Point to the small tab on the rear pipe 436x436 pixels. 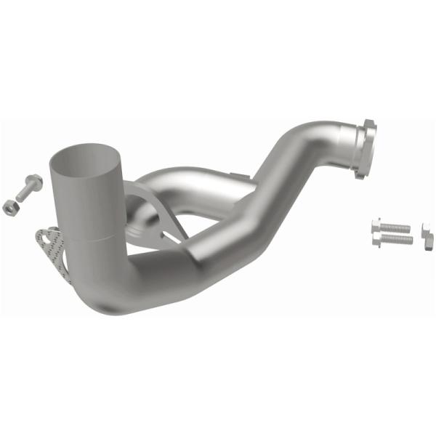[234, 174]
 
